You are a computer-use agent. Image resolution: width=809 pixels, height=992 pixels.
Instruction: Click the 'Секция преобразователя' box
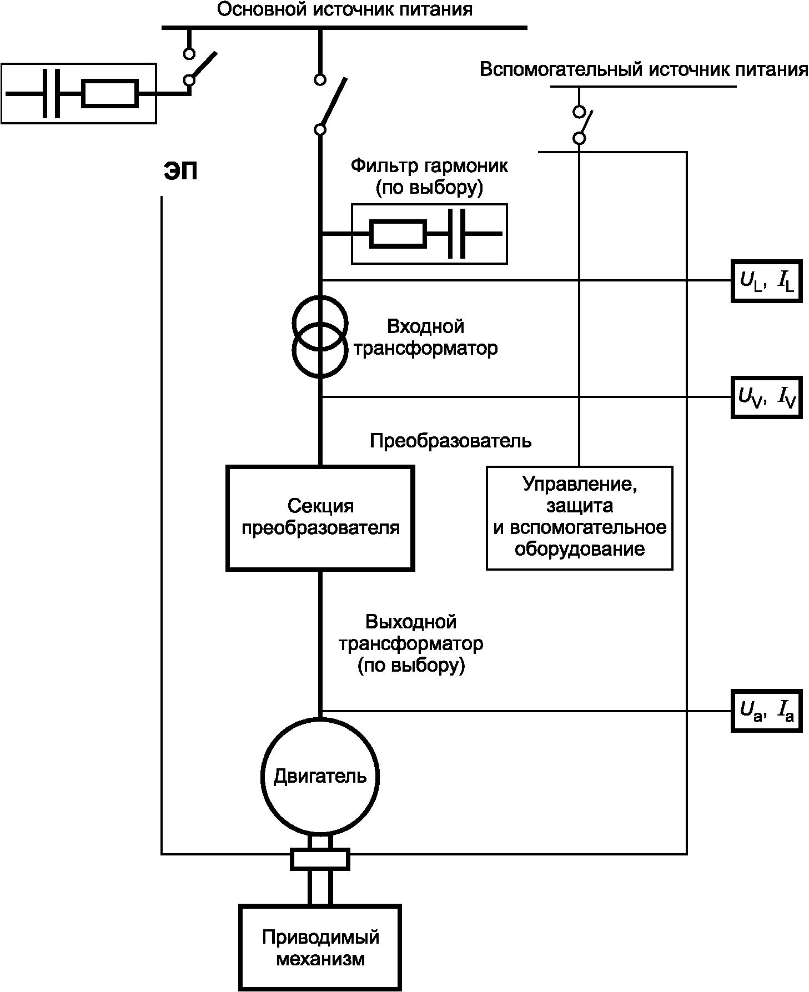tap(320, 518)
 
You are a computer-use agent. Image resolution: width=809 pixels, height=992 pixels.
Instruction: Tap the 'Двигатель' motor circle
tap(320, 776)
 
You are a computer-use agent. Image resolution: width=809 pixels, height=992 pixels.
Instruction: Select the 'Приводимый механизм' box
tap(320, 947)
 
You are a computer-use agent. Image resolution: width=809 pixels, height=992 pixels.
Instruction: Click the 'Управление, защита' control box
tap(579, 518)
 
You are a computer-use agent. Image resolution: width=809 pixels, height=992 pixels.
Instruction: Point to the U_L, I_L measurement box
tap(766, 281)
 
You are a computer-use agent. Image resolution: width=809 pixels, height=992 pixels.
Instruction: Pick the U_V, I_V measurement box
tap(766, 397)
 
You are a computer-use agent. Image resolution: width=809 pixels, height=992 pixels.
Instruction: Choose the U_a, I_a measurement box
tap(766, 711)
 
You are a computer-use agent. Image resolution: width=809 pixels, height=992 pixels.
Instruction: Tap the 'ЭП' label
tap(180, 172)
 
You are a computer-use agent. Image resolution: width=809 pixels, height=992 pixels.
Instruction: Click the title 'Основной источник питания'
tap(344, 9)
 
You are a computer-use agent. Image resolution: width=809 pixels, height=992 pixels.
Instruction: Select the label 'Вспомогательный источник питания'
tap(644, 71)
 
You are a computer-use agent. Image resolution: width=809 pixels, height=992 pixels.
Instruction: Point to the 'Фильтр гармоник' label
tap(429, 165)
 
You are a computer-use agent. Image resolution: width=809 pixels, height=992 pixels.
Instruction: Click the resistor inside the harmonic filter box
tap(398, 234)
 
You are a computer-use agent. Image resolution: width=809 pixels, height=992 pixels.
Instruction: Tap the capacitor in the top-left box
tap(52, 94)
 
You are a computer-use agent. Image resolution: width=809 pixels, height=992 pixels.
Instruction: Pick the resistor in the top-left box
tap(109, 94)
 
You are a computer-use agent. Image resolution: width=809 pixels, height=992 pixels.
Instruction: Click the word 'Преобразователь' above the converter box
tap(450, 441)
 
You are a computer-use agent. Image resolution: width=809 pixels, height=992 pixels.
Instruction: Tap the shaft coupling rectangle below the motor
tap(320, 859)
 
